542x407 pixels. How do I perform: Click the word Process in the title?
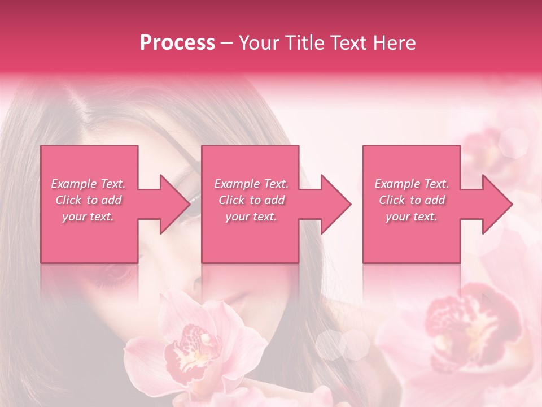coord(177,43)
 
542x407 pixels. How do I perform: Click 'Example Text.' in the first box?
coord(88,184)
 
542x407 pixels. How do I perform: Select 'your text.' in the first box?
coord(88,217)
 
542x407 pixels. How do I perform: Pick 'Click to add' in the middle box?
coord(251,200)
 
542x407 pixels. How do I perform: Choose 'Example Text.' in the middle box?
coord(251,184)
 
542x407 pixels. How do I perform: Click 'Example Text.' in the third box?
coord(412,184)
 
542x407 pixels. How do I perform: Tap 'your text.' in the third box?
coord(412,217)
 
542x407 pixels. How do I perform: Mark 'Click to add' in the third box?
coord(412,200)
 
